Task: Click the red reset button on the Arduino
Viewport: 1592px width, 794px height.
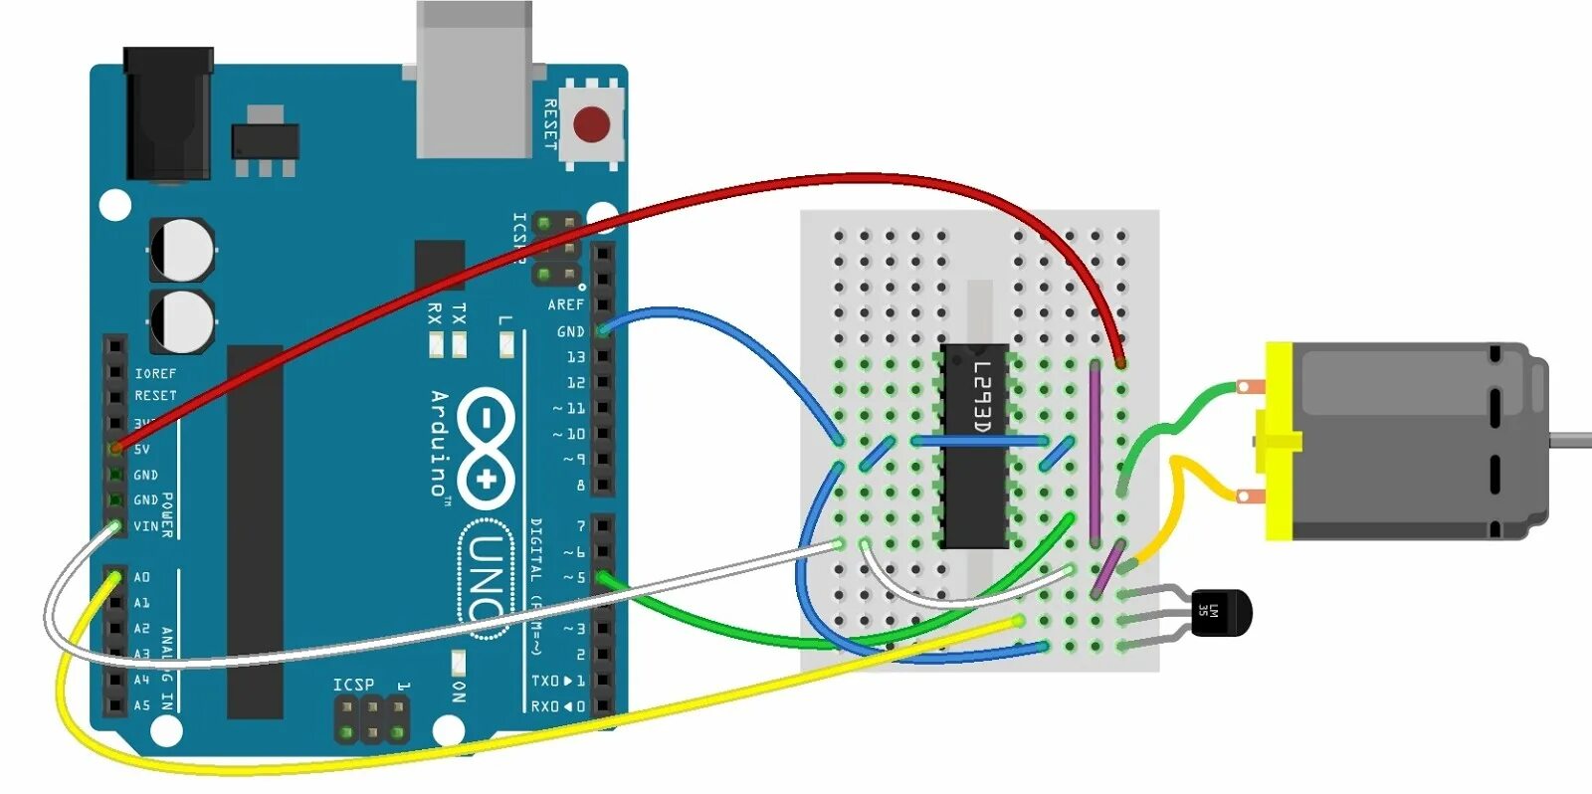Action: (591, 125)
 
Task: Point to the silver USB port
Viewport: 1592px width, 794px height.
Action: (474, 80)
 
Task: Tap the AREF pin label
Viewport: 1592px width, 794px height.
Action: (565, 305)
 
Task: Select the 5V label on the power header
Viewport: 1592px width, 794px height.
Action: (142, 450)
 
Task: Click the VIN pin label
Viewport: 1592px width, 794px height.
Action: (145, 526)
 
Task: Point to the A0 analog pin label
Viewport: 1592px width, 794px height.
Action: (142, 577)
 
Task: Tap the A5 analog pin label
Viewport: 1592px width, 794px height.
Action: (142, 705)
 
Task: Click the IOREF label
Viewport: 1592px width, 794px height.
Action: (155, 373)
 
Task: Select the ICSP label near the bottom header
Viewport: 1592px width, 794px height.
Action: (353, 685)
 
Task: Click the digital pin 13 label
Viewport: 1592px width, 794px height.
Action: (575, 357)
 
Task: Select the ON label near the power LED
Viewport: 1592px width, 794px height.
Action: (458, 692)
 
